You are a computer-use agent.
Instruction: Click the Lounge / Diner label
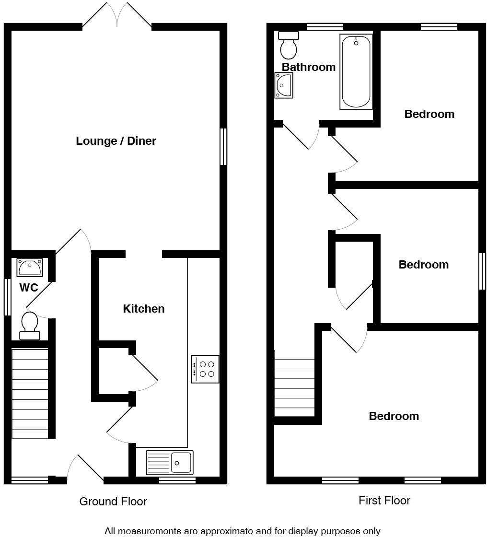pos(116,141)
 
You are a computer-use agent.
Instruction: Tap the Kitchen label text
pos(144,309)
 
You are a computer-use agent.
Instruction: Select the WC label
pos(29,288)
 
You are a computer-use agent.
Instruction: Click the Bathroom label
pos(308,67)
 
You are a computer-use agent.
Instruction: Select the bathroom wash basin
pos(283,85)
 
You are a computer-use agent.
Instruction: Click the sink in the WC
pos(30,267)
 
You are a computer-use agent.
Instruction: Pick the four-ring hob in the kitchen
pos(205,369)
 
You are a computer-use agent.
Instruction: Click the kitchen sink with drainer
pos(170,462)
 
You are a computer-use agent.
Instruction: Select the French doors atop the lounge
pos(117,14)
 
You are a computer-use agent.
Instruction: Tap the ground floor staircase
pos(30,393)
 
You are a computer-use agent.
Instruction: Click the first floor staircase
pos(294,387)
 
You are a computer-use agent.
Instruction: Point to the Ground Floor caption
pos(113,502)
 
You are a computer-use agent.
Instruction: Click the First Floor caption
pos(384,501)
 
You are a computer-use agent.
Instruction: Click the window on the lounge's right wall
pos(223,147)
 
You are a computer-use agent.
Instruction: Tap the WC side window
pos(7,297)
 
